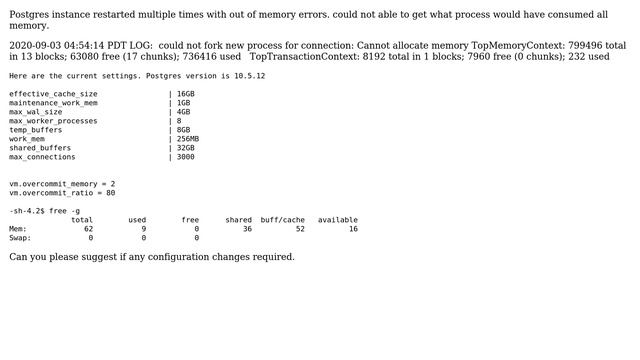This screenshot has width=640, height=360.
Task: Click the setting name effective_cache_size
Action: [x=61, y=94]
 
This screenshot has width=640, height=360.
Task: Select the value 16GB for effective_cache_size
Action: [x=186, y=94]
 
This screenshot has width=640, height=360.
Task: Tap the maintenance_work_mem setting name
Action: [x=54, y=103]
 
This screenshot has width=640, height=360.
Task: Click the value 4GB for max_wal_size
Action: [x=184, y=112]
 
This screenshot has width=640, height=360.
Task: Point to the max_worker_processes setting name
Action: [x=54, y=121]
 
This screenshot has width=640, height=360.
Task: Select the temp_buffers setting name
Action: [x=36, y=130]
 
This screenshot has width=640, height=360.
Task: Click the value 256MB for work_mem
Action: [x=188, y=139]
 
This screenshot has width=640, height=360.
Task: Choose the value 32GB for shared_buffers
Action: [x=186, y=148]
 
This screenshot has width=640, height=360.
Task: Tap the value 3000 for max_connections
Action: [x=186, y=157]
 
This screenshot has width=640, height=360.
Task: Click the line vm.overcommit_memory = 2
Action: [x=62, y=184]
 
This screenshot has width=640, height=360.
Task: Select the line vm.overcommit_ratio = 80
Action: [x=62, y=193]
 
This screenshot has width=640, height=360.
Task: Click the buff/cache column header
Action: [x=283, y=220]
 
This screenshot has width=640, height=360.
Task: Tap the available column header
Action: [x=338, y=220]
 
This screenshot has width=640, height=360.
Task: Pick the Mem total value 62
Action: [x=89, y=229]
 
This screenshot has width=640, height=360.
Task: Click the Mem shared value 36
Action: [x=247, y=229]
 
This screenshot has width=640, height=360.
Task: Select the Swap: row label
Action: [x=20, y=238]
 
